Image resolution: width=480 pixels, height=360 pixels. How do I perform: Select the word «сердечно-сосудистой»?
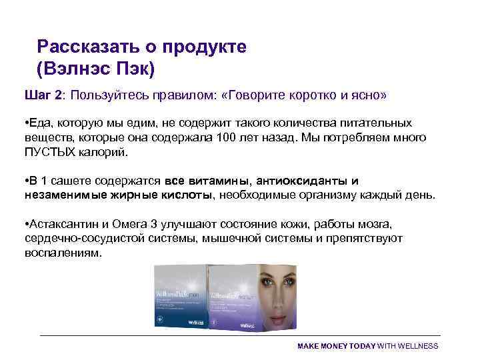pyautogui.click(x=83, y=239)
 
